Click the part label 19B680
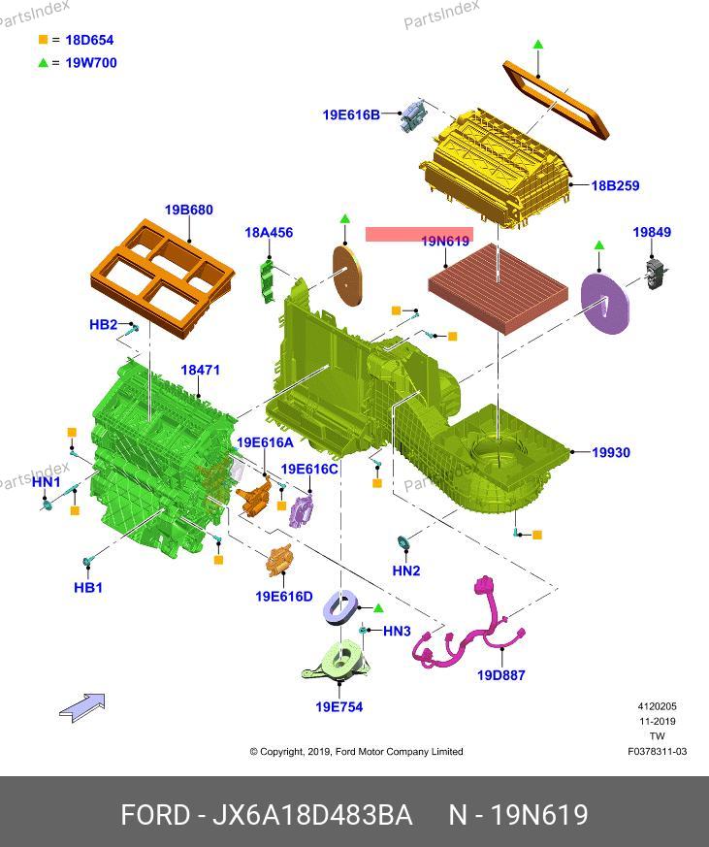point(188,210)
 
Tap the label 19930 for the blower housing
point(611,452)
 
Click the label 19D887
point(500,675)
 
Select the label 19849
point(652,233)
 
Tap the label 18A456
point(269,233)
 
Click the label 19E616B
point(351,114)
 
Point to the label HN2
point(406,571)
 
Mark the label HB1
point(88,587)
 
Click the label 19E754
point(338,707)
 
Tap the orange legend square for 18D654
point(43,40)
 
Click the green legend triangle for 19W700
point(43,63)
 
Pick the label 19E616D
point(284,597)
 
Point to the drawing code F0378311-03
point(657,751)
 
